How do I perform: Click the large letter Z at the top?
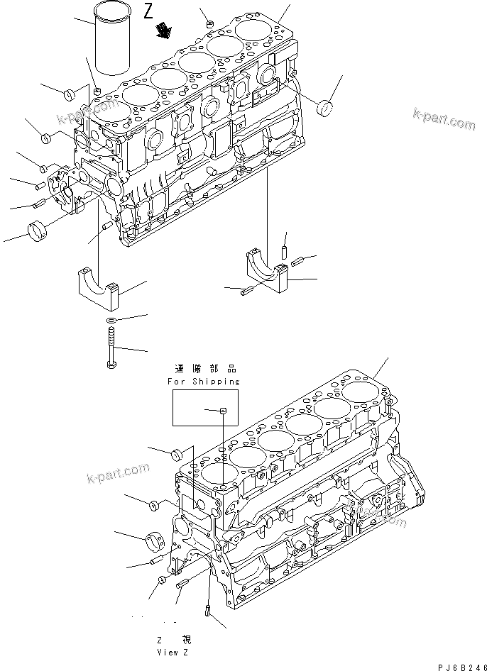coord(148,11)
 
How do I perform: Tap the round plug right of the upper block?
coord(328,109)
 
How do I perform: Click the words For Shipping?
coord(204,381)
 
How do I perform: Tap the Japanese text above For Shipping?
coord(204,369)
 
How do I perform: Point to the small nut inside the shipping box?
coord(222,410)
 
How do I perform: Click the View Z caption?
coord(175,651)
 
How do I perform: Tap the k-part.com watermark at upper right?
coord(444,118)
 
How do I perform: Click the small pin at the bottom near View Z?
coord(207,610)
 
